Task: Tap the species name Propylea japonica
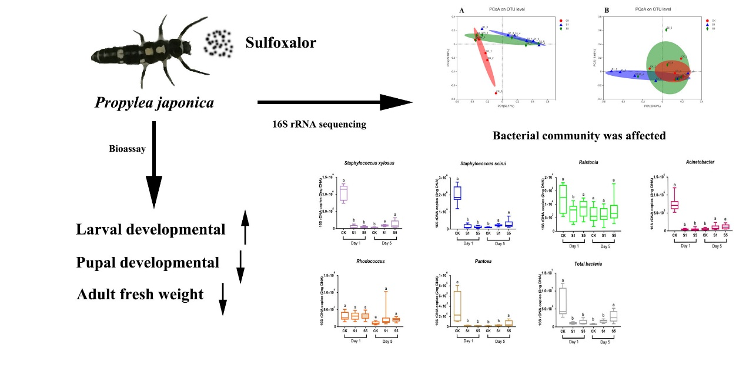(x=154, y=103)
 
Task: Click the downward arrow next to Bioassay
(x=153, y=165)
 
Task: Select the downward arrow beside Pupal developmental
(x=240, y=266)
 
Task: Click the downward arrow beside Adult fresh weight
(x=222, y=299)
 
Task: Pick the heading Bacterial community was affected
(x=579, y=136)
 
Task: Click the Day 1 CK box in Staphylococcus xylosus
(x=343, y=193)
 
